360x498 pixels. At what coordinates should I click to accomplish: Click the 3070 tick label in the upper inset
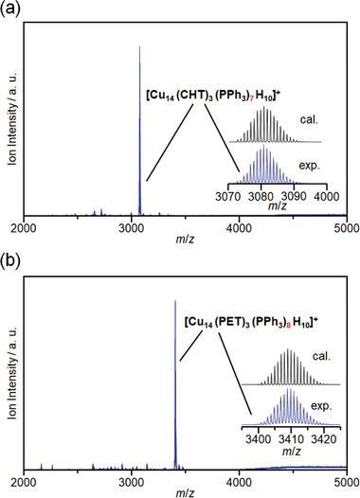point(231,196)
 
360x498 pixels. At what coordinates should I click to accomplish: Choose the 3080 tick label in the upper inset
point(262,196)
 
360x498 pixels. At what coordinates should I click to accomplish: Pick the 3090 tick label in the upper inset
point(293,196)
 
